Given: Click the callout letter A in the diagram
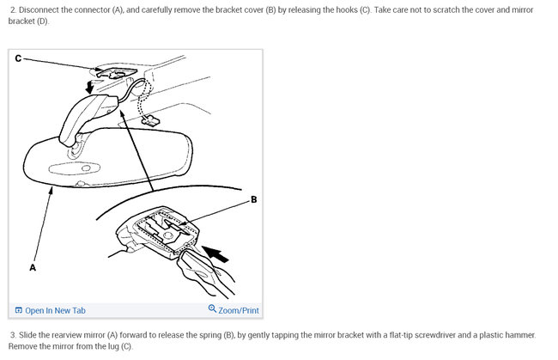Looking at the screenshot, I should click(33, 267).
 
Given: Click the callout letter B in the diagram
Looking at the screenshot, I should click(253, 199).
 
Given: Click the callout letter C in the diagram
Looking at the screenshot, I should click(19, 58).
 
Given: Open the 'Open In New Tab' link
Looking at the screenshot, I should click(55, 310).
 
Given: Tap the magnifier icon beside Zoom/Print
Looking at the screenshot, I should click(212, 309).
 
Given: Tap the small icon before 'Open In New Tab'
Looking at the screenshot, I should click(19, 310).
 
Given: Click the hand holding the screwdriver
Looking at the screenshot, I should click(207, 279).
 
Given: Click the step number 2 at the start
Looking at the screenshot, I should click(13, 9).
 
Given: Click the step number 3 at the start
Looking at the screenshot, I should click(13, 334).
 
